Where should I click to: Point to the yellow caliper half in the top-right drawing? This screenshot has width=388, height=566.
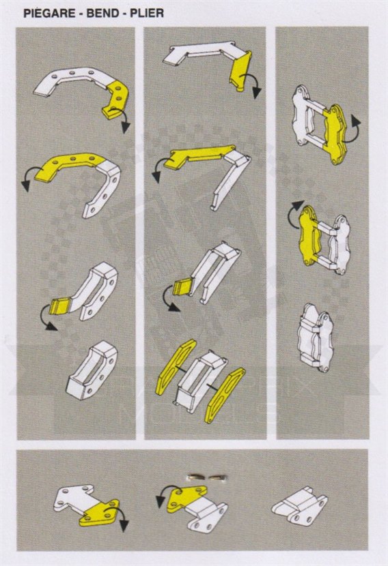[335, 133]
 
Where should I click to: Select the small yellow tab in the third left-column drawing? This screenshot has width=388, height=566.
[59, 306]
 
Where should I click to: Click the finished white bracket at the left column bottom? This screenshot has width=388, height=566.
[92, 371]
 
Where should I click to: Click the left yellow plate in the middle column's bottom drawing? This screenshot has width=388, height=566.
[176, 366]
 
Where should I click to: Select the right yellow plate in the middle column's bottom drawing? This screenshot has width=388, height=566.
[225, 395]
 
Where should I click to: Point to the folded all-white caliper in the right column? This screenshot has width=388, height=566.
[316, 338]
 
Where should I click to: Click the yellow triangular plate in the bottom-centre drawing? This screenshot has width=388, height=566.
[187, 497]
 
